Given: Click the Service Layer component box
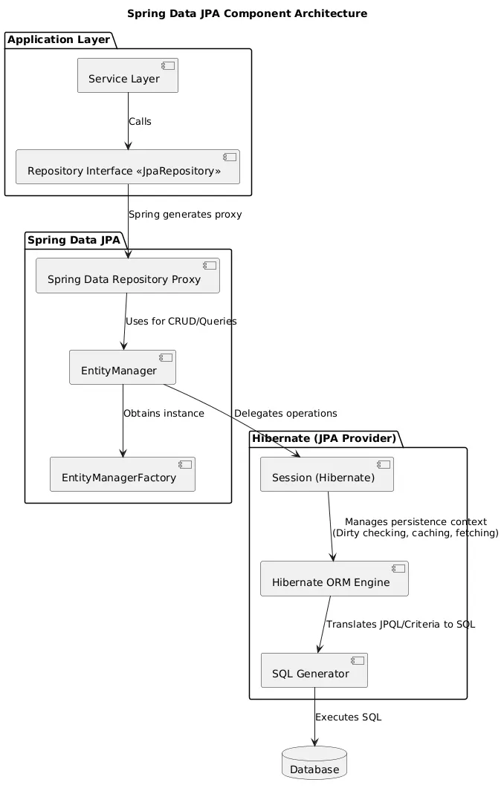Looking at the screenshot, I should coord(127,76).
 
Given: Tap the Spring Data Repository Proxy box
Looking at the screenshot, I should coord(127,276).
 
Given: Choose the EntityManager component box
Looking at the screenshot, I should coord(122,368).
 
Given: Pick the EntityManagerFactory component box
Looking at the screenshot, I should coord(122,475).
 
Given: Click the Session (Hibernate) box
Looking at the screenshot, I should coord(326,475).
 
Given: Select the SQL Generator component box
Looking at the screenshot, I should coord(314,671).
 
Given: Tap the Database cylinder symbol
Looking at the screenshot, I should coord(314,764).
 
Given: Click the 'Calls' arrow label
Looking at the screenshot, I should coord(140,122).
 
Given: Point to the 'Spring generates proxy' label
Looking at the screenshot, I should coord(185,215).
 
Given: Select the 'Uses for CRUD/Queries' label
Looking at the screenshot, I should coord(181,322).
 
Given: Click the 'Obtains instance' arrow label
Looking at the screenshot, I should coord(164,414).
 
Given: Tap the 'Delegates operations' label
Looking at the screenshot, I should coord(285,414).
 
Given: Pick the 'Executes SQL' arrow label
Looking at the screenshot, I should coord(348,717).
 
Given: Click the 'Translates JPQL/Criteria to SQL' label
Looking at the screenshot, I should coord(400,625).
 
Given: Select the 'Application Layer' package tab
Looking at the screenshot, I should coord(58,40).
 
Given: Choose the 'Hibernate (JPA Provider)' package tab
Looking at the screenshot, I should coord(324,439).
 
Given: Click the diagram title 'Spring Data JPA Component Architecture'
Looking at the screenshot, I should coord(247,13).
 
